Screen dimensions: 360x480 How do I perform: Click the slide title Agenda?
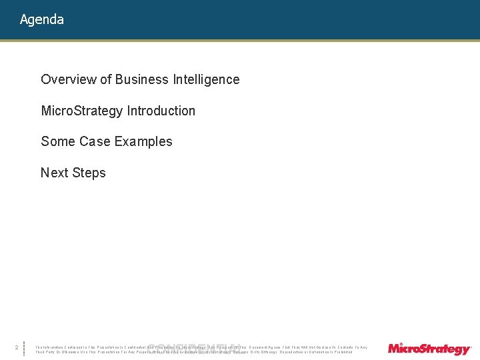[42, 20]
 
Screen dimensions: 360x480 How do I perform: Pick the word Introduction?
[163, 111]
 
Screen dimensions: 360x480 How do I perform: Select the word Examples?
[142, 142]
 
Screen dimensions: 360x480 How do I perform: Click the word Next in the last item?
[54, 173]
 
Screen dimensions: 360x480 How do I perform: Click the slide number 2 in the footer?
[16, 347]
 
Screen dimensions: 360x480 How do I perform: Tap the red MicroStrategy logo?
[429, 349]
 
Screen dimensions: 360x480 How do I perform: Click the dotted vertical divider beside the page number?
[25, 349]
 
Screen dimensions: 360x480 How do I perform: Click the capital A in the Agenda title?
[24, 19]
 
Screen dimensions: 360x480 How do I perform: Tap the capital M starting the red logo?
[394, 348]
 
